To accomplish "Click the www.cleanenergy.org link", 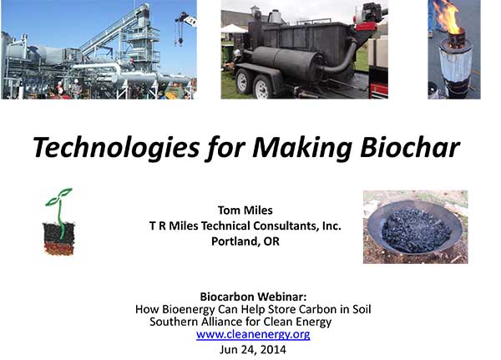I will [x=253, y=334].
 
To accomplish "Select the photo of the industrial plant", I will [x=98, y=49].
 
